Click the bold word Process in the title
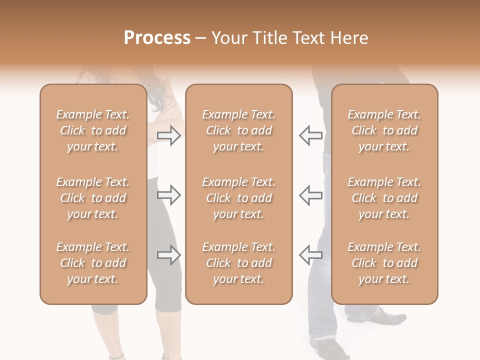pos(157,38)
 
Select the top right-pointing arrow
pos(169,135)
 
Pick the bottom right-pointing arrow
pos(169,255)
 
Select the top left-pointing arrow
pos(310,135)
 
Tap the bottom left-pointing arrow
pos(310,255)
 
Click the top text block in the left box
pos(93,130)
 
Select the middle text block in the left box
pos(93,198)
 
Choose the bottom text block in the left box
pos(93,263)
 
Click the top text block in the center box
pos(238,130)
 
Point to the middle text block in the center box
pos(238,198)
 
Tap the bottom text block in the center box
pos(238,263)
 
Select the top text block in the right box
pos(384,130)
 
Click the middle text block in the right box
pos(384,198)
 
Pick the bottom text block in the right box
pos(384,263)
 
